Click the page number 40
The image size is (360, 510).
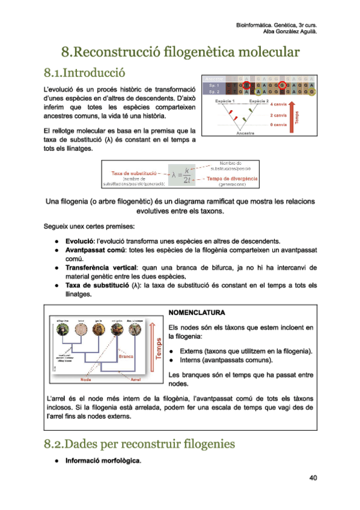point(313,478)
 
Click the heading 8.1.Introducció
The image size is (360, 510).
point(84,73)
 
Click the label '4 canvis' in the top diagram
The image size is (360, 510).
point(279,105)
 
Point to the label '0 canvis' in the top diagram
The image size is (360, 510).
point(278,124)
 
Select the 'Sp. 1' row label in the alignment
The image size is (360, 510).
point(214,85)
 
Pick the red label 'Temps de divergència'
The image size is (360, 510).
point(232,179)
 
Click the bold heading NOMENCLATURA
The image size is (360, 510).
point(197,313)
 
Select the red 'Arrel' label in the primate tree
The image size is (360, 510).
point(136,379)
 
